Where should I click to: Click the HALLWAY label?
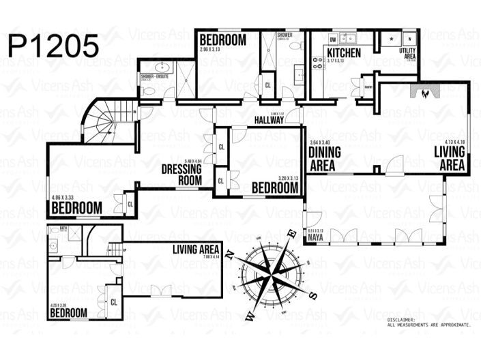pyautogui.click(x=269, y=120)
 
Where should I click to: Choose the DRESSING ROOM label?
pyautogui.click(x=181, y=175)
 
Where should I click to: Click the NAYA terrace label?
pyautogui.click(x=315, y=237)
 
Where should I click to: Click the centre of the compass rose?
pyautogui.click(x=273, y=272)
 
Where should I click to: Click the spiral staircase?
pyautogui.click(x=109, y=123)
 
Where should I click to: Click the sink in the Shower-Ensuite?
pyautogui.click(x=162, y=67)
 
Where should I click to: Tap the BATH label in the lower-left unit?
pyautogui.click(x=62, y=228)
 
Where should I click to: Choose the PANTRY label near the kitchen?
pyautogui.click(x=368, y=87)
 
